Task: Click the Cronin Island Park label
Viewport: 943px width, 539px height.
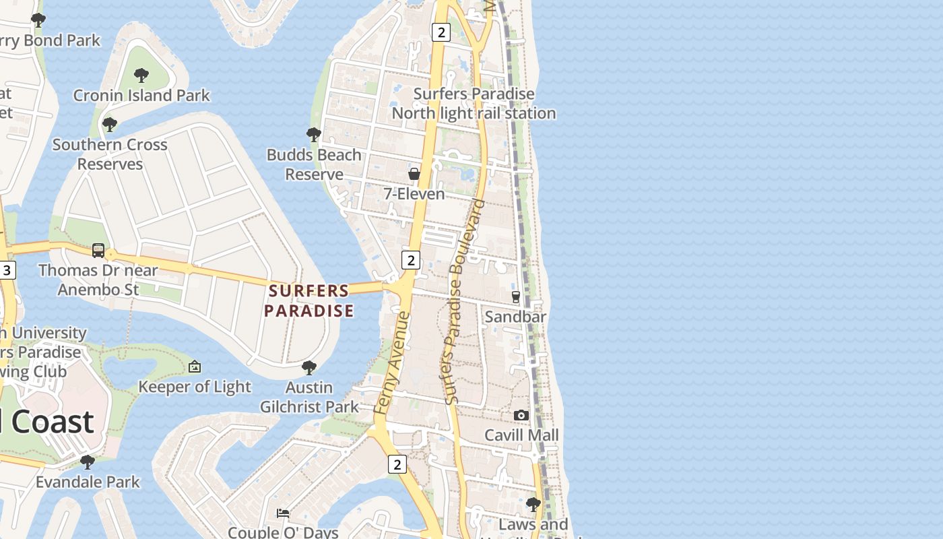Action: click(x=141, y=96)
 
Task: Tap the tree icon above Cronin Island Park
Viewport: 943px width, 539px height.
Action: click(x=141, y=75)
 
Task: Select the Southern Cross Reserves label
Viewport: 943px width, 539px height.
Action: click(x=110, y=154)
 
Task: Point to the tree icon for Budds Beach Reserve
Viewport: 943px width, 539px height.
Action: click(x=313, y=134)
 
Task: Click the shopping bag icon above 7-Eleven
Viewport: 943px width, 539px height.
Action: click(x=414, y=174)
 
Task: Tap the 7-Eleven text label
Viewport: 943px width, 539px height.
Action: click(x=414, y=194)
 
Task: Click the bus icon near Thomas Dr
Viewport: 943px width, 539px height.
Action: click(x=98, y=251)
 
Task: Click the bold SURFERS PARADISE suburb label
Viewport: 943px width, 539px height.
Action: click(x=309, y=300)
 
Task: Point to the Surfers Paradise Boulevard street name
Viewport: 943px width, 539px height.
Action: click(x=462, y=302)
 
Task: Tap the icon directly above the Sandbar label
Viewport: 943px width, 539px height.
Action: click(x=516, y=296)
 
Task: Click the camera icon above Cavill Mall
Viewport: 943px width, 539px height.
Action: click(x=521, y=415)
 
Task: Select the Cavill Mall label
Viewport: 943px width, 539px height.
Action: click(x=522, y=435)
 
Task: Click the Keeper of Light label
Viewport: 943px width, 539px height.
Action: click(x=195, y=387)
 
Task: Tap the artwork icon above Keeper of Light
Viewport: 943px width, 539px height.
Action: click(x=195, y=367)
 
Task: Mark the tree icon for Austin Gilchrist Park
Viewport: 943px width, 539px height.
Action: click(x=309, y=367)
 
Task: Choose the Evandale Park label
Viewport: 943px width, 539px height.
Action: click(x=88, y=482)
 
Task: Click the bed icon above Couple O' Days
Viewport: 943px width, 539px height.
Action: click(x=283, y=513)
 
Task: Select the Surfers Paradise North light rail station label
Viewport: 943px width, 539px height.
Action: click(x=474, y=103)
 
